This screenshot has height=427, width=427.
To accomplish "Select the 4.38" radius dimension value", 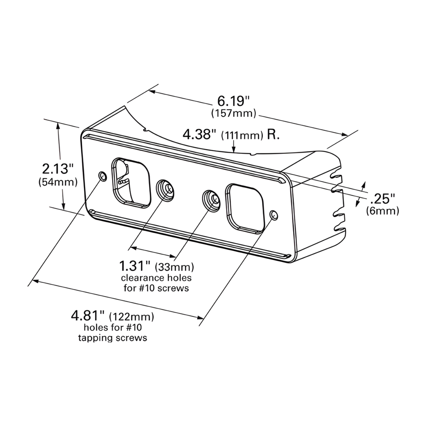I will [200, 134].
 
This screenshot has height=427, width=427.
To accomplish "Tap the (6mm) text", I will [382, 211].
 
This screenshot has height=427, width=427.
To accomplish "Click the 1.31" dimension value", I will [135, 265].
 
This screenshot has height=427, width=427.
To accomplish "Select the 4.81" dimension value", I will [88, 316].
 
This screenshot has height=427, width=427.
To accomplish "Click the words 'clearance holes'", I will [156, 278].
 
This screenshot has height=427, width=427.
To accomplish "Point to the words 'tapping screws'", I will [113, 338].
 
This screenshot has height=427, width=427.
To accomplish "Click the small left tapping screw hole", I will [102, 176].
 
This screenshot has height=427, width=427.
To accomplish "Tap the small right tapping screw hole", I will [274, 215].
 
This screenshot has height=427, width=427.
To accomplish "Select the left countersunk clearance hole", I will [166, 190].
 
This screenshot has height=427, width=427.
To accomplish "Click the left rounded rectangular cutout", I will [131, 182].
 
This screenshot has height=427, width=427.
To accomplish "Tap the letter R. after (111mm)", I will [273, 135].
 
